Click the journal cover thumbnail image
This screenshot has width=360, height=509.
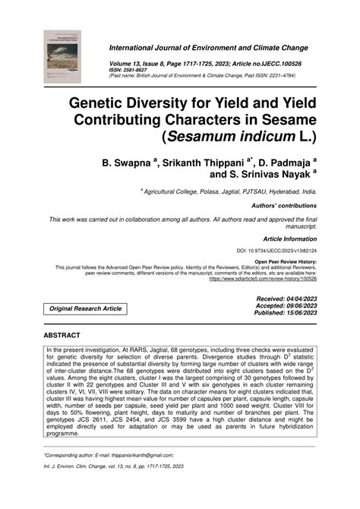64,55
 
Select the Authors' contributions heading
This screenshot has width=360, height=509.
286,206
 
